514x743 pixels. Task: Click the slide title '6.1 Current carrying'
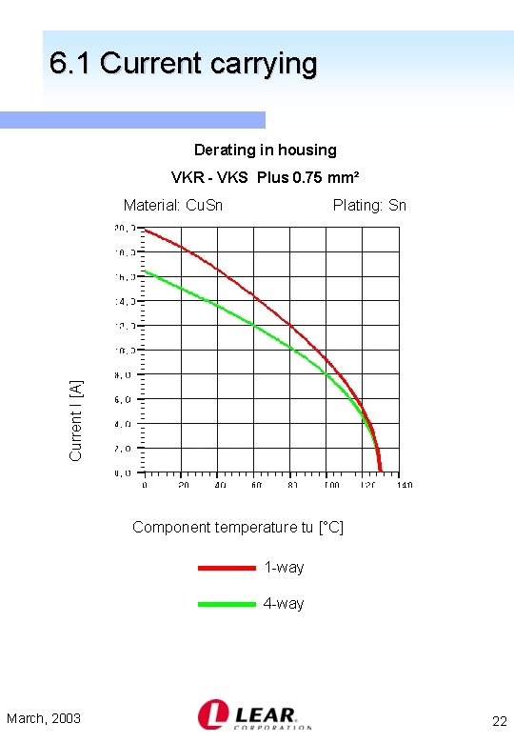pos(183,64)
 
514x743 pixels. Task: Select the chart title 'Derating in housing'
pos(265,150)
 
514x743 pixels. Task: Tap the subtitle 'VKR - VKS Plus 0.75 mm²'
pos(265,177)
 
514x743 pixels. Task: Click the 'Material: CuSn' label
pos(173,205)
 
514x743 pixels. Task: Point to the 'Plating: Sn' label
pos(369,205)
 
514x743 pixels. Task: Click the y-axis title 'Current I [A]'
pos(76,419)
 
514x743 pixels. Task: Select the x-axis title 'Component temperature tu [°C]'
pos(238,527)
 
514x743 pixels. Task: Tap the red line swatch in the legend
pos(227,568)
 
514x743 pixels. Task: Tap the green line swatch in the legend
pos(227,604)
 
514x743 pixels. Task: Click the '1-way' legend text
pos(284,568)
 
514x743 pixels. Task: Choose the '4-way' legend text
pos(284,604)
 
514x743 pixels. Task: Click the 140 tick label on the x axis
pos(405,485)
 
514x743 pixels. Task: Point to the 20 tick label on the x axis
pos(183,485)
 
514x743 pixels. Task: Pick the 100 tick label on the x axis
pos(329,485)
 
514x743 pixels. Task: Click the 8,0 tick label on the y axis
pos(124,375)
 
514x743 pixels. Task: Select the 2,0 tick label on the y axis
pos(124,448)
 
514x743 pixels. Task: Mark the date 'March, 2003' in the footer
pos(44,718)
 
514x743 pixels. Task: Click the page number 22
pos(498,720)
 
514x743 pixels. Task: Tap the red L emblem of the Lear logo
pos(211,714)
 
